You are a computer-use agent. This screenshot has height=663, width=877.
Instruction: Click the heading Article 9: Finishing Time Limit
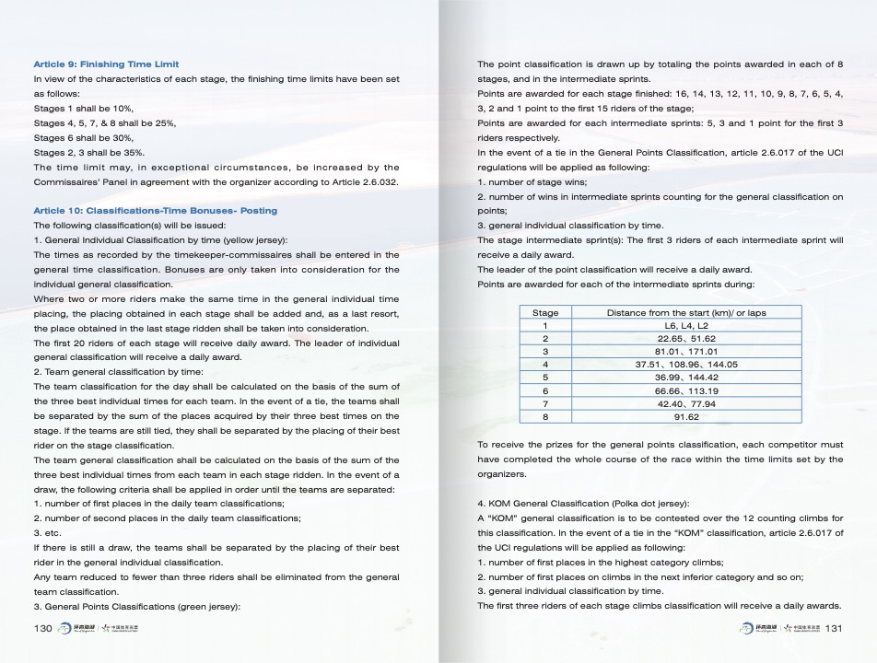pos(106,64)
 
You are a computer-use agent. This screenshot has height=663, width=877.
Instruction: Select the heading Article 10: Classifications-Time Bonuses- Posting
pos(155,211)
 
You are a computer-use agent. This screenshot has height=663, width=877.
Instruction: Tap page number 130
pos(42,628)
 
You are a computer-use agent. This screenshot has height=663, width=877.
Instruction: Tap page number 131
pos(836,628)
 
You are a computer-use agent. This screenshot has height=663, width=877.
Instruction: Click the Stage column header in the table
pos(545,313)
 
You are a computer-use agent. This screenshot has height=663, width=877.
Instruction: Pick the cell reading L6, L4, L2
pos(686,326)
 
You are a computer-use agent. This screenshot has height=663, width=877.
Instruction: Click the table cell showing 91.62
pos(686,417)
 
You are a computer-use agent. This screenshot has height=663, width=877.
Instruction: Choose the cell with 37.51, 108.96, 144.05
pos(686,365)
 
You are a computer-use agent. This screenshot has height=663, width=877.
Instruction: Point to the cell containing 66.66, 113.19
pos(686,390)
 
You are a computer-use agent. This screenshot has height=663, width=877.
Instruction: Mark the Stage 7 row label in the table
pos(545,404)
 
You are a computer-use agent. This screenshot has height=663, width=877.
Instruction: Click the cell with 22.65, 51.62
pos(686,339)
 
